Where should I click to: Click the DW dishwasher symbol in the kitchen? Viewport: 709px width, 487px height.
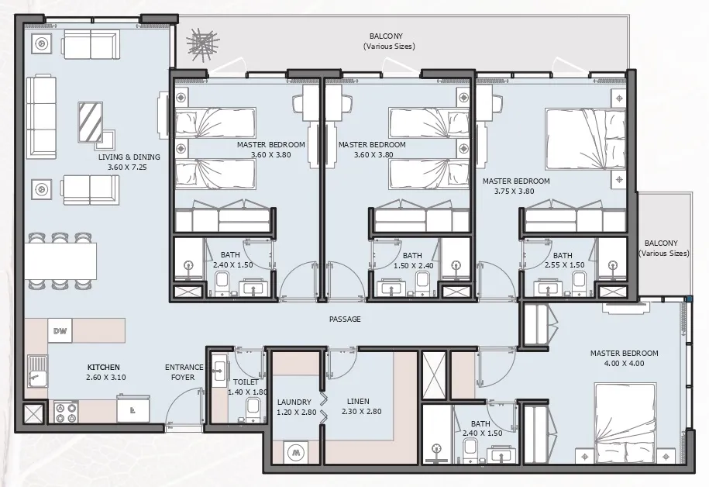(x=60, y=332)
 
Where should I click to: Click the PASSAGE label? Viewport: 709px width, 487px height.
(x=344, y=319)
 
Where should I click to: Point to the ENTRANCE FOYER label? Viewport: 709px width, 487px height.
(x=184, y=372)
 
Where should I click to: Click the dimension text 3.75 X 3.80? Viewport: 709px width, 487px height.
(x=515, y=192)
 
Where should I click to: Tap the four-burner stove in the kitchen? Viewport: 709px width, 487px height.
(x=66, y=411)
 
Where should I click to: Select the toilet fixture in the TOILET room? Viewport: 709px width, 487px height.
(x=253, y=409)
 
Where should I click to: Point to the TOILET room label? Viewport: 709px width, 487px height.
(x=246, y=382)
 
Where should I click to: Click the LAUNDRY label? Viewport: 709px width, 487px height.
(x=294, y=402)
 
